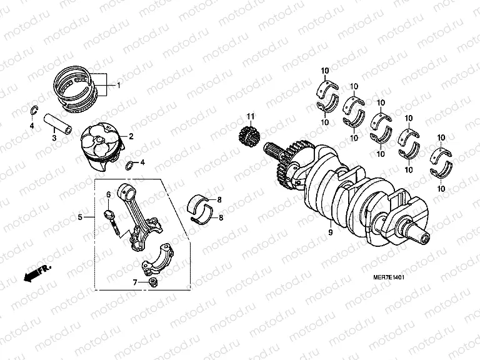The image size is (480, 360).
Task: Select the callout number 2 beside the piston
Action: click(131, 136)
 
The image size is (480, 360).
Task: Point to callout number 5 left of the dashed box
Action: click(80, 217)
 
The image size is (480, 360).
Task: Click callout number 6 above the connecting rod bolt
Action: click(107, 195)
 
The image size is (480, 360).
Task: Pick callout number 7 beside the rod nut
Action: click(134, 282)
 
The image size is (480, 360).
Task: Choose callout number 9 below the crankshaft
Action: click(329, 232)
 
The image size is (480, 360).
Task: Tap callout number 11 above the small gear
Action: click(250, 117)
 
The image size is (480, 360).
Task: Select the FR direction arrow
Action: click(37, 273)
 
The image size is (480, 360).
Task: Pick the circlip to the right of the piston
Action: click(130, 166)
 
